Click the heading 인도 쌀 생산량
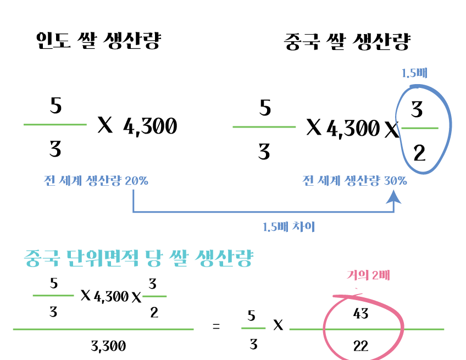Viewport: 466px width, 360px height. [x=98, y=41]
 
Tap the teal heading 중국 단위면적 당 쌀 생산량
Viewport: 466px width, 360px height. [x=138, y=258]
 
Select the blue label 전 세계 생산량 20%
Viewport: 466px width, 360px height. [x=96, y=181]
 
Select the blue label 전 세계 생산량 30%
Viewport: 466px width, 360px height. [x=355, y=181]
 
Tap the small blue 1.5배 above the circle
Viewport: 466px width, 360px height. [x=414, y=73]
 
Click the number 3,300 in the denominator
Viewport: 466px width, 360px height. [x=108, y=346]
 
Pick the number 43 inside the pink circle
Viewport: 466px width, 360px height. [x=361, y=314]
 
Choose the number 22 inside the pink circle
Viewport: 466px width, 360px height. [x=361, y=346]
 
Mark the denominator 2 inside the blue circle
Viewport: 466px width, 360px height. [x=419, y=153]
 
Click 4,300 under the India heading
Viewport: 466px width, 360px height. [x=150, y=127]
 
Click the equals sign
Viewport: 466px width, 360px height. [x=216, y=327]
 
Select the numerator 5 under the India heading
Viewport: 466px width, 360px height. [x=56, y=106]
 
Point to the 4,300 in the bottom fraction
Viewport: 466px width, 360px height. [x=111, y=297]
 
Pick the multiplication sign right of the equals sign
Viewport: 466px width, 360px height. [x=278, y=326]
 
